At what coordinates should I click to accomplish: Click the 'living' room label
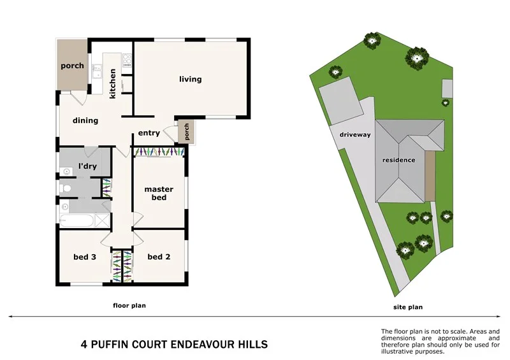(190, 80)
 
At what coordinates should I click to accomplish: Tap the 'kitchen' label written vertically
(113, 83)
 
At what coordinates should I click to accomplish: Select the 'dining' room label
(85, 120)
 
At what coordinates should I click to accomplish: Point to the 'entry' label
(149, 133)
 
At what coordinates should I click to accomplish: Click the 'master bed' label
(159, 193)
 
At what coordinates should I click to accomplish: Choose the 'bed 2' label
(158, 257)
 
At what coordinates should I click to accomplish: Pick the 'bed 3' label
(84, 257)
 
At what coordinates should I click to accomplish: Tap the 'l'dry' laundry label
(87, 166)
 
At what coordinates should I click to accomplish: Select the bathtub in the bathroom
(75, 221)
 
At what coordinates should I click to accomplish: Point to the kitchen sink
(97, 71)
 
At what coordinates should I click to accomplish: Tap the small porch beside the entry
(186, 132)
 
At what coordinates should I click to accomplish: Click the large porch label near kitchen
(72, 66)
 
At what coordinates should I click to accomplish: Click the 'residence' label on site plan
(400, 160)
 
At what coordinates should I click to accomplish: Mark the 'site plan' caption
(407, 307)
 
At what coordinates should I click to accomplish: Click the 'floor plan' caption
(129, 306)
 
